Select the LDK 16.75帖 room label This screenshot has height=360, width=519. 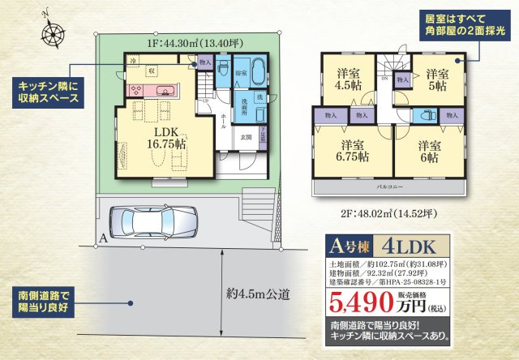(x=167, y=138)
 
